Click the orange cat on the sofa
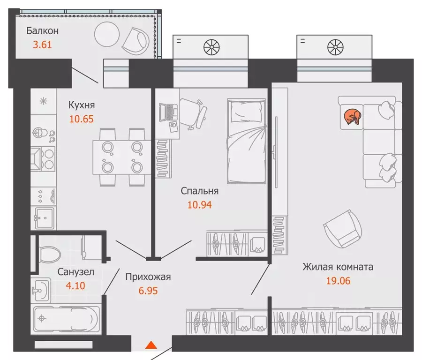352,117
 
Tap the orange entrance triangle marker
151,345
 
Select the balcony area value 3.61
42,45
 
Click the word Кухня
82,105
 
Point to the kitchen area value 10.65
82,119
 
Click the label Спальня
199,191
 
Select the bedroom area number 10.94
199,205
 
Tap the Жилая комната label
338,267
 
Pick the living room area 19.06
338,281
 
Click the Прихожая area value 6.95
148,291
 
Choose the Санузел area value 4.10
75,285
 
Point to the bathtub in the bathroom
67,319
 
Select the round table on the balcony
107,34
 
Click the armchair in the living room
342,229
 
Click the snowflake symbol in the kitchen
43,101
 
